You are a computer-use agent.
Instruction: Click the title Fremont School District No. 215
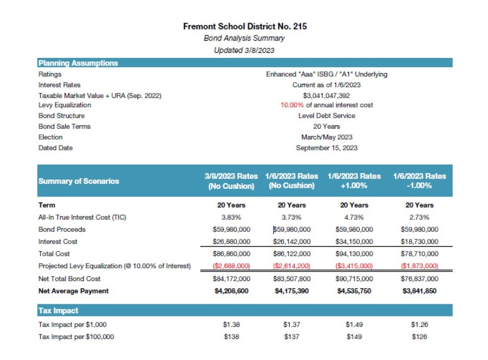pos(245,26)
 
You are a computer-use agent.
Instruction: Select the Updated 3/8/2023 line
pos(244,50)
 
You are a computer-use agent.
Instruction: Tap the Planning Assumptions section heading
pos(78,63)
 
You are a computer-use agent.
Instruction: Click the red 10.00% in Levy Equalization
pos(292,105)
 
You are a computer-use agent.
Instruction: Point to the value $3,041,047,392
pos(326,96)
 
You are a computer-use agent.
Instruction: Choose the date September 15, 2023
pos(326,148)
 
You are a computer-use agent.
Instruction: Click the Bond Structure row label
pos(61,115)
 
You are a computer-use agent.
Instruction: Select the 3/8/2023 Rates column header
pos(231,181)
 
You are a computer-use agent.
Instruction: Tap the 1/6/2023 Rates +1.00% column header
pos(354,181)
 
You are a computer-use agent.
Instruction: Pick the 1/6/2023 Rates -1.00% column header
pos(419,181)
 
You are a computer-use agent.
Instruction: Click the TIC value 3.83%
pos(231,217)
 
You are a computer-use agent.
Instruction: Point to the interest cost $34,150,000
pos(354,241)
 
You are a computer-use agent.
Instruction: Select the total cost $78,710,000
pos(419,254)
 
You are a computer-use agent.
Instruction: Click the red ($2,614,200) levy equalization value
pos(292,266)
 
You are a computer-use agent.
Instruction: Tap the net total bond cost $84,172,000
pos(231,278)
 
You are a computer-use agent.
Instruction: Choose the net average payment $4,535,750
pos(354,291)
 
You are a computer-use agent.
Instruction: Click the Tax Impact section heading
pos(58,310)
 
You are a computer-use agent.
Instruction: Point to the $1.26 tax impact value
pos(419,325)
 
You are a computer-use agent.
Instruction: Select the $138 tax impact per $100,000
pos(231,337)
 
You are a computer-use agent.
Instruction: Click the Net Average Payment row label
pos(73,291)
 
